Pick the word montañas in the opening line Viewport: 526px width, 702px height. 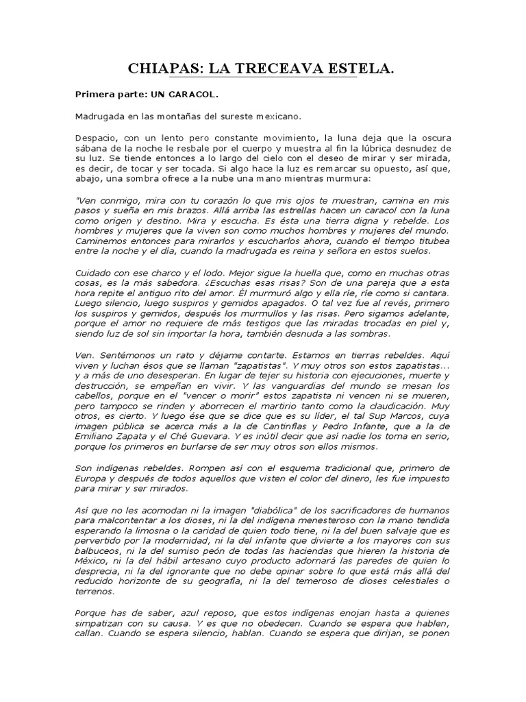click(x=181, y=117)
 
